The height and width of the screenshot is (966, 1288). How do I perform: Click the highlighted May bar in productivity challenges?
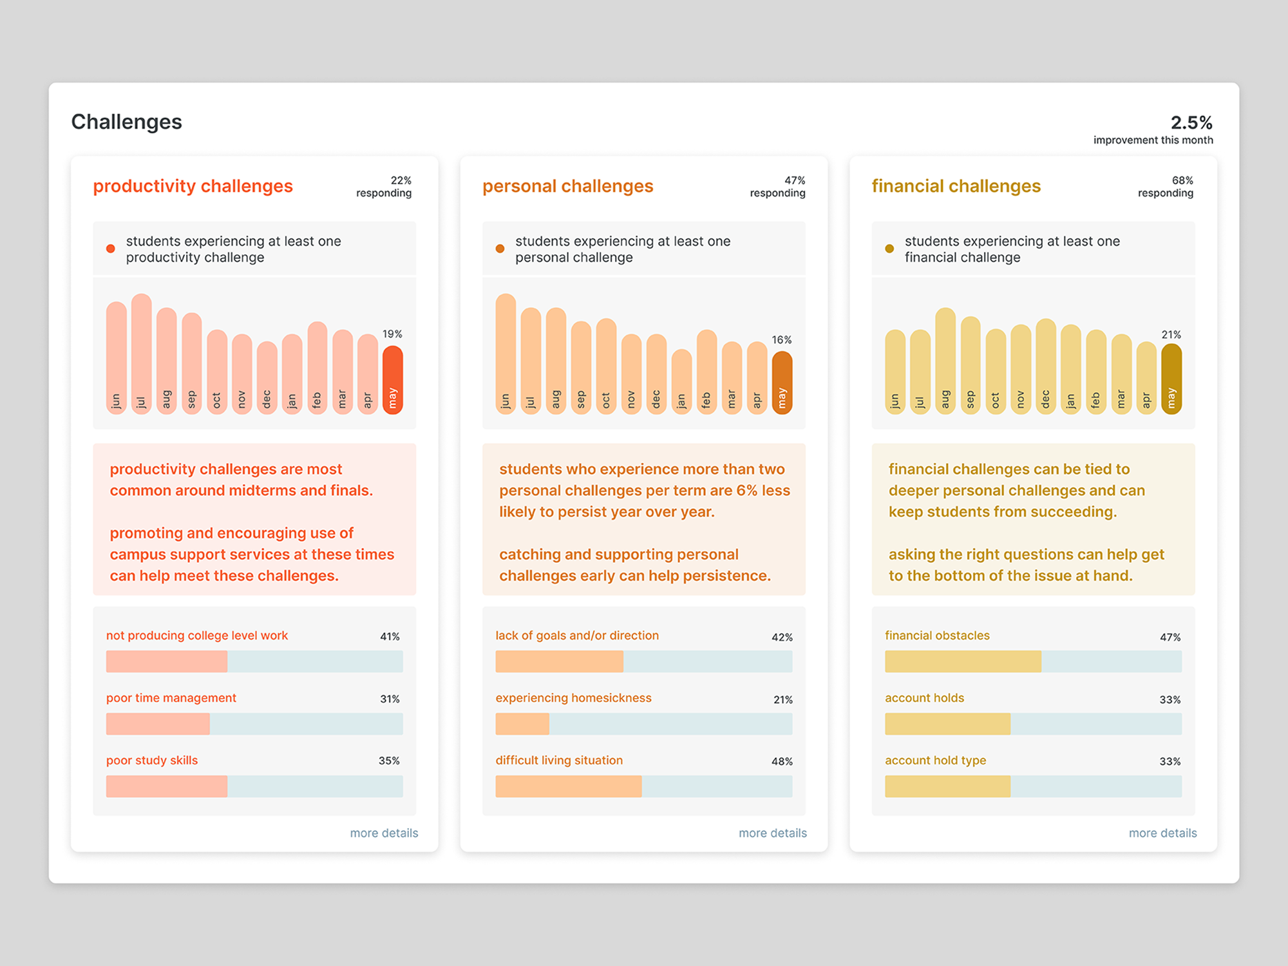(x=392, y=380)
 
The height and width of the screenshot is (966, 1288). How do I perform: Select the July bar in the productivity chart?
(x=141, y=354)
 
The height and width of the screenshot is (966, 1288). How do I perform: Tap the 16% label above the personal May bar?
(x=782, y=339)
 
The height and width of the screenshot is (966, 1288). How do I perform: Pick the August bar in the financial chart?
(x=945, y=361)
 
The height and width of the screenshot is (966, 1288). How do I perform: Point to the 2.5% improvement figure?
(x=1191, y=122)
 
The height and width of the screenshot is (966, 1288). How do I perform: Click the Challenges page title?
(x=126, y=122)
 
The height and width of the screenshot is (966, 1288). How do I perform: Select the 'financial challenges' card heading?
(x=956, y=186)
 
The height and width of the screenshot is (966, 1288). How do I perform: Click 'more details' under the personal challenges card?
(x=772, y=833)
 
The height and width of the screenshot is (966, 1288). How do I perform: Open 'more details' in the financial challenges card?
(x=1162, y=833)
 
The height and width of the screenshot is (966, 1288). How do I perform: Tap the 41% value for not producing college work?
(x=390, y=636)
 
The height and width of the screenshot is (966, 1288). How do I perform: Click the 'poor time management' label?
(x=171, y=698)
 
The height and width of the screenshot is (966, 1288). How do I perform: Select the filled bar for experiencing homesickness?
(x=522, y=724)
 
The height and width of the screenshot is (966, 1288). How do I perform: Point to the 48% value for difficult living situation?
(x=782, y=761)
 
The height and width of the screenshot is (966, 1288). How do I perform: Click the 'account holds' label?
(x=924, y=698)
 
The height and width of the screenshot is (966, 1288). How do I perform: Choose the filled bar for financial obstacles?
(x=963, y=661)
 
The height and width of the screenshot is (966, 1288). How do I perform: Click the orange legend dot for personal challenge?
(x=500, y=249)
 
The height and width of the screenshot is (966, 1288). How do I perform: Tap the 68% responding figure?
(x=1182, y=180)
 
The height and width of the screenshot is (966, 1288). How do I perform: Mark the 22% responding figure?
(x=401, y=180)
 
